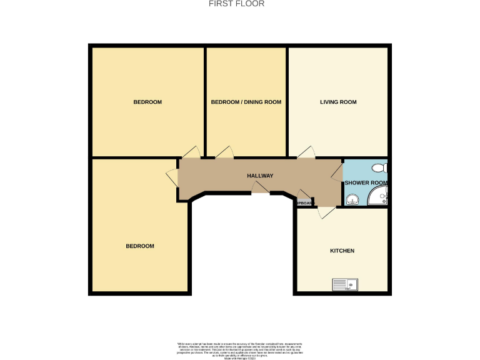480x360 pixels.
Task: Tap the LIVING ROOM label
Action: click(338, 102)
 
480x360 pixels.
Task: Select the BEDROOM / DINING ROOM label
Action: click(246, 102)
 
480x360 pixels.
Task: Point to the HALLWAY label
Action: click(259, 176)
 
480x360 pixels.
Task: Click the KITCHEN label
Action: click(342, 251)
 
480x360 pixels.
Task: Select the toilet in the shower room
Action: click(379, 167)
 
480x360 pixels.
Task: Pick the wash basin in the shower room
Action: click(352, 199)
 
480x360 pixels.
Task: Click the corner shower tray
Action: click(379, 198)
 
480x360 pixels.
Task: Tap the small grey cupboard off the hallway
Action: click(304, 202)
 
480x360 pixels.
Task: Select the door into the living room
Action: click(306, 152)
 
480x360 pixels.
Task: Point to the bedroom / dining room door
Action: click(224, 152)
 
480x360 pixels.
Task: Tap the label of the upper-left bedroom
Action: click(147, 102)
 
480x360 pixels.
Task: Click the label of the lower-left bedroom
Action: click(140, 246)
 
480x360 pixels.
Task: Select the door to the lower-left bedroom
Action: click(172, 177)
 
